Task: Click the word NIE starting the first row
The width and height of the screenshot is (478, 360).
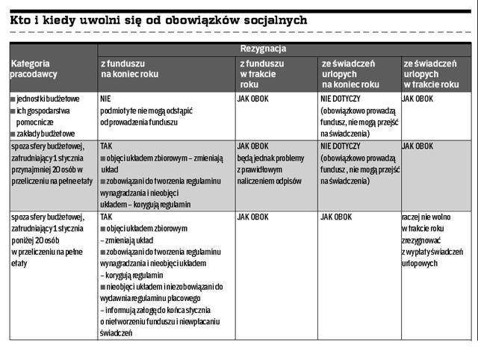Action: tap(105, 98)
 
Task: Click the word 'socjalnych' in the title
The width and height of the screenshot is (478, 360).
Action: tap(270, 20)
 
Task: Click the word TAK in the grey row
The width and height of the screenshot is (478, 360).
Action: tap(106, 146)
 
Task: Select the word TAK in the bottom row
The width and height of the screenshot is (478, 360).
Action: tap(106, 217)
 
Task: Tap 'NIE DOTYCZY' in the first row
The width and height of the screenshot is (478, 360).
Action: tap(340, 98)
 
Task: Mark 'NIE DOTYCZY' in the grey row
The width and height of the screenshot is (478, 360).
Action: tap(340, 146)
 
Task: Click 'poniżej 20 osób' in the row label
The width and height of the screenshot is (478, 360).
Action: tap(33, 240)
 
